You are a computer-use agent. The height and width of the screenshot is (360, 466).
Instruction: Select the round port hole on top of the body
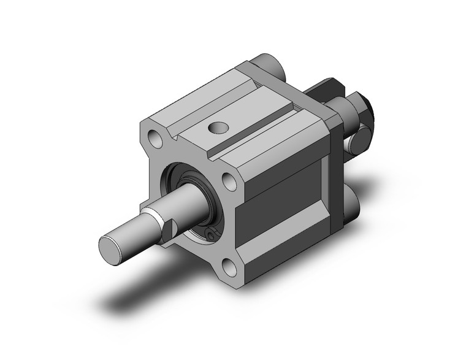click(215, 128)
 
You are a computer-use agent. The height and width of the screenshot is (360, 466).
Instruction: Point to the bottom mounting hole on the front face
click(229, 267)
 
